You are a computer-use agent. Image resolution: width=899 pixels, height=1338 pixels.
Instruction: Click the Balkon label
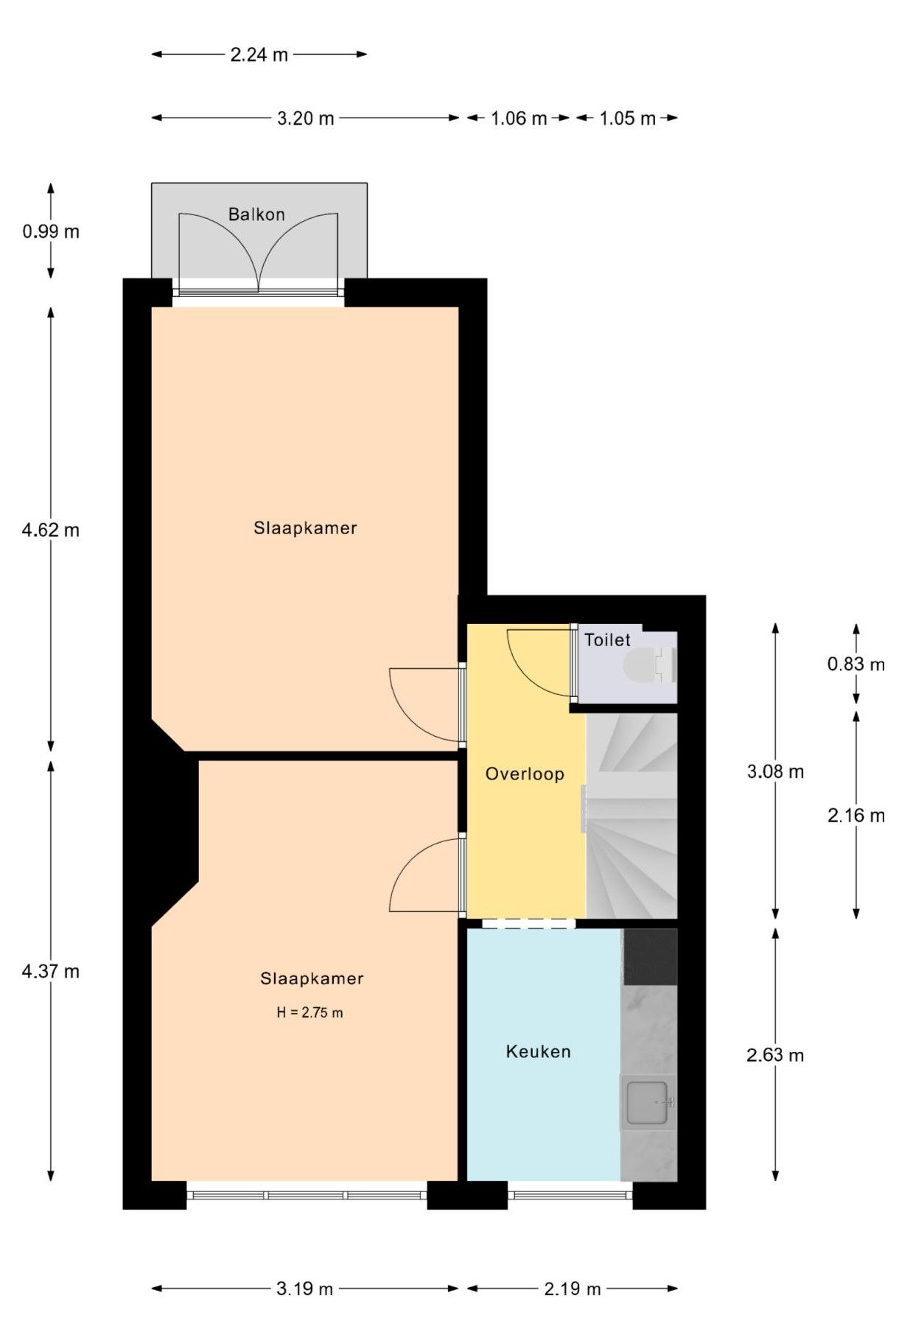[x=256, y=214]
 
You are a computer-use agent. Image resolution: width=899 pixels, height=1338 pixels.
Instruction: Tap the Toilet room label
[x=607, y=640]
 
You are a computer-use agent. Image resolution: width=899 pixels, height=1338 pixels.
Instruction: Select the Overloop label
[x=525, y=774]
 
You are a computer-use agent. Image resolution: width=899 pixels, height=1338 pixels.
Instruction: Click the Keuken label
[x=538, y=1051]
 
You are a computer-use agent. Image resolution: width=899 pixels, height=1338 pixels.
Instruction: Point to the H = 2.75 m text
[x=309, y=1012]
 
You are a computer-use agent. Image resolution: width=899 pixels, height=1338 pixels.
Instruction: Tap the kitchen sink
[x=648, y=1101]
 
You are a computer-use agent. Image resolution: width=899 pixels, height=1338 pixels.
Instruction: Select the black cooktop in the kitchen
[x=650, y=956]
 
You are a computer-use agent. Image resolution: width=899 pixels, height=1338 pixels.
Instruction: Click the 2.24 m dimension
[x=259, y=54]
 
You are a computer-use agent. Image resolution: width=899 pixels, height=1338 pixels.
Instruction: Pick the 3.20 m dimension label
[x=305, y=118]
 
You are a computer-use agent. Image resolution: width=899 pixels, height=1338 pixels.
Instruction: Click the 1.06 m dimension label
[x=519, y=118]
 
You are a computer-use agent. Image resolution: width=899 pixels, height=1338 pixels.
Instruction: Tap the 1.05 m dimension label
[x=627, y=118]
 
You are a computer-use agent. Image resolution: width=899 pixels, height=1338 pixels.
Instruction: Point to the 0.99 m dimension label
[x=51, y=231]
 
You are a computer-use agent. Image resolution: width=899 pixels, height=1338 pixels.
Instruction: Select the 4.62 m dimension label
[x=51, y=530]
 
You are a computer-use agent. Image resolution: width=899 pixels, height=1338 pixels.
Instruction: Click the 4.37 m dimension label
[x=51, y=971]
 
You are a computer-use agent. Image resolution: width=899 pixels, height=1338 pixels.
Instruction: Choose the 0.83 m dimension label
[x=856, y=664]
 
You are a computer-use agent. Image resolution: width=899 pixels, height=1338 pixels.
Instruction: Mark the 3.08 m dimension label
[x=775, y=771]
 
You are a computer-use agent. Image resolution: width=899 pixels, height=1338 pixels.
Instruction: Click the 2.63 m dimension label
[x=775, y=1055]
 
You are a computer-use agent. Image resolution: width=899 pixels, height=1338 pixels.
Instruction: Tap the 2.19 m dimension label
[x=573, y=1289]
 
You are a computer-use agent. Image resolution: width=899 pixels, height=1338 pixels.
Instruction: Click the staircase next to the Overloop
[x=632, y=816]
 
